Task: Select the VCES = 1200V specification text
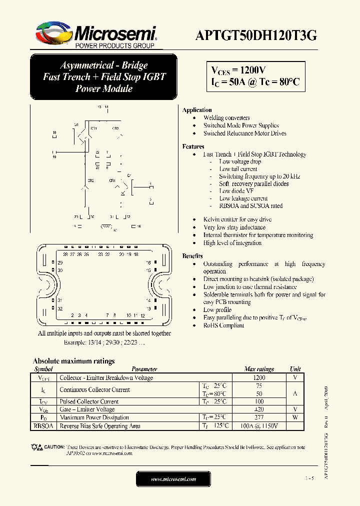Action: point(238,70)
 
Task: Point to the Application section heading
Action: point(197,110)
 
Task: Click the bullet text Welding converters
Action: point(226,118)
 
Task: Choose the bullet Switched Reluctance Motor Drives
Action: point(244,133)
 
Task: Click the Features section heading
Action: point(193,146)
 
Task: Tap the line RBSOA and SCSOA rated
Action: point(250,205)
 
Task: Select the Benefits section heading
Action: point(192,255)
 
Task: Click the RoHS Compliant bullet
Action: point(223,325)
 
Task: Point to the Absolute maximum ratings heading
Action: point(73,361)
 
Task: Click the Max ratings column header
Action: point(259,369)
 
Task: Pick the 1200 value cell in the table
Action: point(259,378)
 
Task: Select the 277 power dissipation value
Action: point(259,417)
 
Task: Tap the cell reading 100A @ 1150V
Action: point(259,426)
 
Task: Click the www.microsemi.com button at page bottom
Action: point(173,479)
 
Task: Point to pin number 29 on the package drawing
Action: point(60,262)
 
